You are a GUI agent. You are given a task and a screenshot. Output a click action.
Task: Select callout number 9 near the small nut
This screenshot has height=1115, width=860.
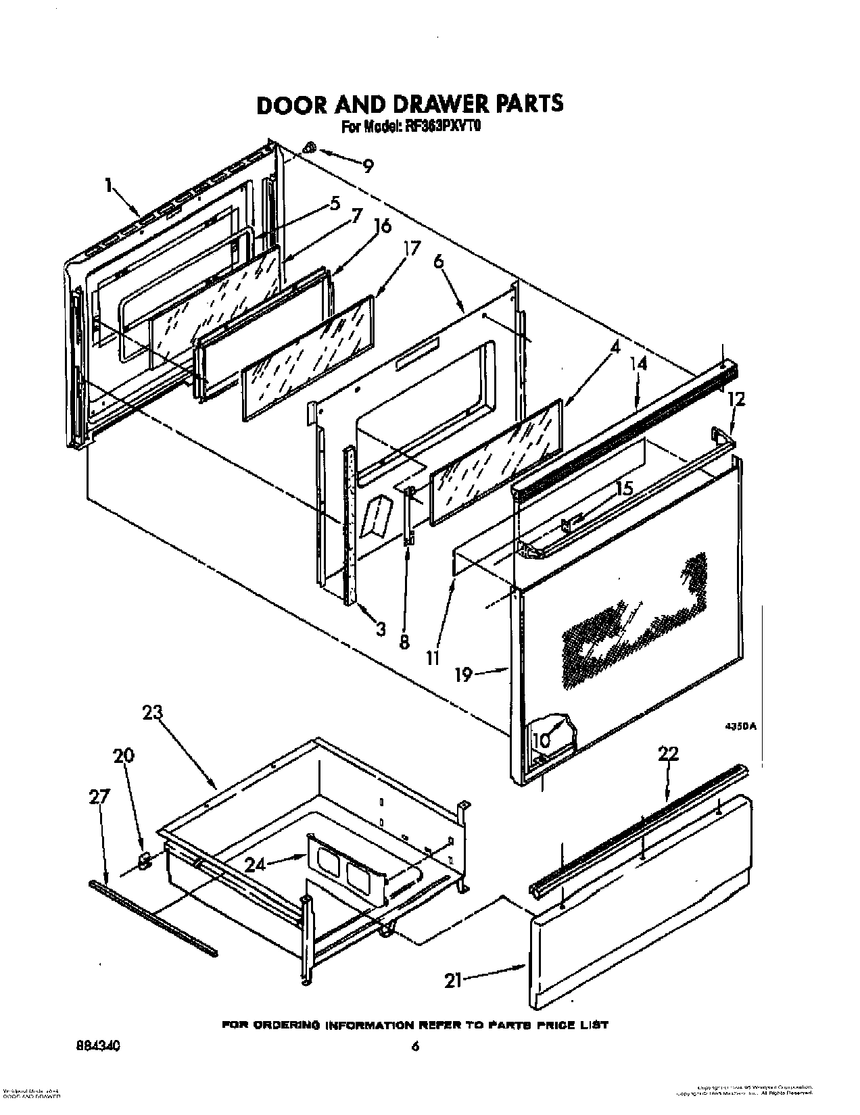click(x=366, y=166)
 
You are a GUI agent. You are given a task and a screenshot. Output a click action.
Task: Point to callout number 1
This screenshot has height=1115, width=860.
click(x=108, y=186)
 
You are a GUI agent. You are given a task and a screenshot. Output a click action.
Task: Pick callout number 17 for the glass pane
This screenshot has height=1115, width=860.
click(x=411, y=248)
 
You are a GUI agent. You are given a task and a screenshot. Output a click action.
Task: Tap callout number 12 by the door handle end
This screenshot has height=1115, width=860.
click(x=736, y=399)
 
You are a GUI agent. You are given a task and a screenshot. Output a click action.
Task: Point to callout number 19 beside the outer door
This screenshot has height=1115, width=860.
click(x=463, y=674)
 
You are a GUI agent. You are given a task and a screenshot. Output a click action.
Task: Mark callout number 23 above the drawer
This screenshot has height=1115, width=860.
click(x=153, y=712)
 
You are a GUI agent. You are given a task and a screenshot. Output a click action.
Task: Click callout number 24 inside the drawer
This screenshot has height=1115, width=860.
click(x=255, y=864)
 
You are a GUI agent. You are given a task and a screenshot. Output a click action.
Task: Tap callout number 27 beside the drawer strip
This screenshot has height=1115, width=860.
click(x=99, y=797)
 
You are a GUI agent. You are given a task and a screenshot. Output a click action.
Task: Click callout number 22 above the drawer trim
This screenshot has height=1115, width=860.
click(x=667, y=755)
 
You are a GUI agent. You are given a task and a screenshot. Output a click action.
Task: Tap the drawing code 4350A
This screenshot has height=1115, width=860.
click(x=740, y=726)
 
